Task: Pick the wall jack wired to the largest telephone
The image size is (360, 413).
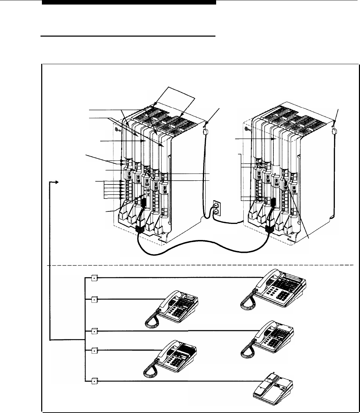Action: (94, 278)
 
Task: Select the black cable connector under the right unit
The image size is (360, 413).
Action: (270, 228)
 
